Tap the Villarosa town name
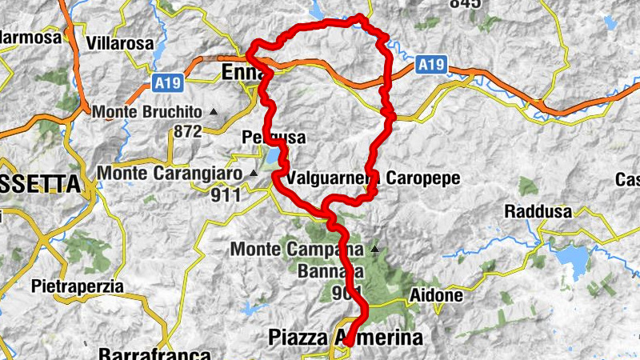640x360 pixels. tap(119, 43)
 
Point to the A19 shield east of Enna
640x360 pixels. tap(430, 61)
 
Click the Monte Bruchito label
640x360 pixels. tap(149, 113)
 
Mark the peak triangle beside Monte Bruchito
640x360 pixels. tap(214, 113)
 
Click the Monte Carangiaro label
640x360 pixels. tap(171, 172)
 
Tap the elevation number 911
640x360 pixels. tap(226, 194)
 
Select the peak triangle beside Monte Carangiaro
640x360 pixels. tap(254, 172)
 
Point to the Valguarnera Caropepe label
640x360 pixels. tap(374, 178)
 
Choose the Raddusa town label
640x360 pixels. tap(537, 212)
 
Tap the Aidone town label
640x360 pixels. tap(436, 296)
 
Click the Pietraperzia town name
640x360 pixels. tap(77, 286)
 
